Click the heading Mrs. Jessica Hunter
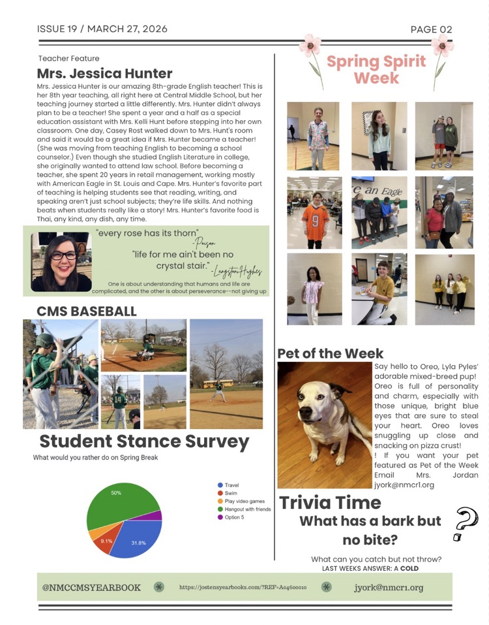click(x=104, y=74)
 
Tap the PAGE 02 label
click(x=431, y=29)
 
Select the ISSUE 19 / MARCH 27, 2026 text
click(x=102, y=29)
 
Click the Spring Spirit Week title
click(x=376, y=70)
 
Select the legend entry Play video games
click(x=244, y=501)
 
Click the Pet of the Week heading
click(x=331, y=353)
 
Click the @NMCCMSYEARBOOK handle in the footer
click(x=91, y=588)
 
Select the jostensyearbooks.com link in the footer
click(x=243, y=588)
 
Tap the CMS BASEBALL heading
click(x=87, y=312)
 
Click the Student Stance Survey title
click(x=144, y=442)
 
